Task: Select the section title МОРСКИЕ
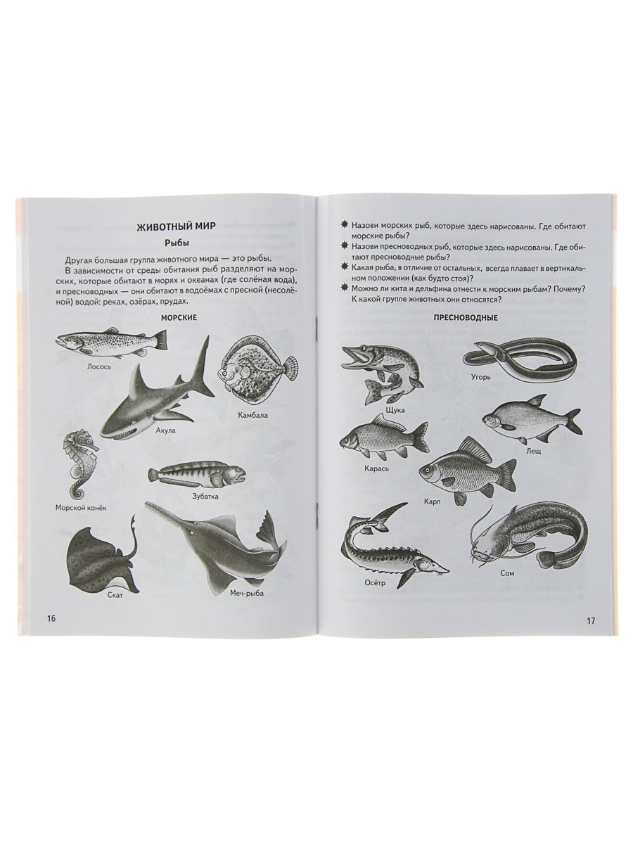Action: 179,318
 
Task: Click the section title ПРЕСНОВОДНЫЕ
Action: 465,318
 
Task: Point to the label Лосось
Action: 99,366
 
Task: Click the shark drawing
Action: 158,388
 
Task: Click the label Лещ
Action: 533,451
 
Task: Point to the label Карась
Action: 377,468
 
